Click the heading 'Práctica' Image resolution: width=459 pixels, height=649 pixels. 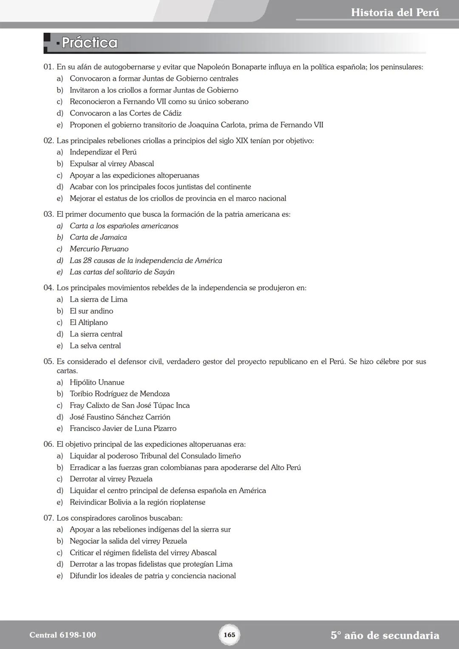(x=89, y=43)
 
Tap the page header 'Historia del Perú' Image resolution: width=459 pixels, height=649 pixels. (x=395, y=12)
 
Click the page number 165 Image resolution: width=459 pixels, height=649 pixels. (x=229, y=635)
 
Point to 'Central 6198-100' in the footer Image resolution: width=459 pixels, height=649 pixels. (x=62, y=635)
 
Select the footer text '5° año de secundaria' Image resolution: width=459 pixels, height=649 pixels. (x=385, y=635)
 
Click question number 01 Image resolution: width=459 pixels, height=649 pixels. (x=48, y=67)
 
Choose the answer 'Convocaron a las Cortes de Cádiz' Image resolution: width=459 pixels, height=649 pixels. (x=125, y=113)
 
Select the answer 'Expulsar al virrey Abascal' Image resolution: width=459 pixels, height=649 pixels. (x=112, y=164)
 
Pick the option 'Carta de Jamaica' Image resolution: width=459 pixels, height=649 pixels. (x=98, y=237)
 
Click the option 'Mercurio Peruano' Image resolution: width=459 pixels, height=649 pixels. (x=99, y=249)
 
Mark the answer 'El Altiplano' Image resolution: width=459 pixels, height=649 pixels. (x=88, y=323)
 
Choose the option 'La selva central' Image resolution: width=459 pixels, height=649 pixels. (x=95, y=346)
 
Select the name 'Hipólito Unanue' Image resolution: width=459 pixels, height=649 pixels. (x=97, y=382)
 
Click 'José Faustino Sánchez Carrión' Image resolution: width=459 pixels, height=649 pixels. (x=120, y=417)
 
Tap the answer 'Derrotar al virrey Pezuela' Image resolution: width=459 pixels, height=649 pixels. (x=111, y=479)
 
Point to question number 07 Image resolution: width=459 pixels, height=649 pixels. (x=48, y=518)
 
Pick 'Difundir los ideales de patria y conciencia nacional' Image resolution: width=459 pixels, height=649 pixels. (x=153, y=576)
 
